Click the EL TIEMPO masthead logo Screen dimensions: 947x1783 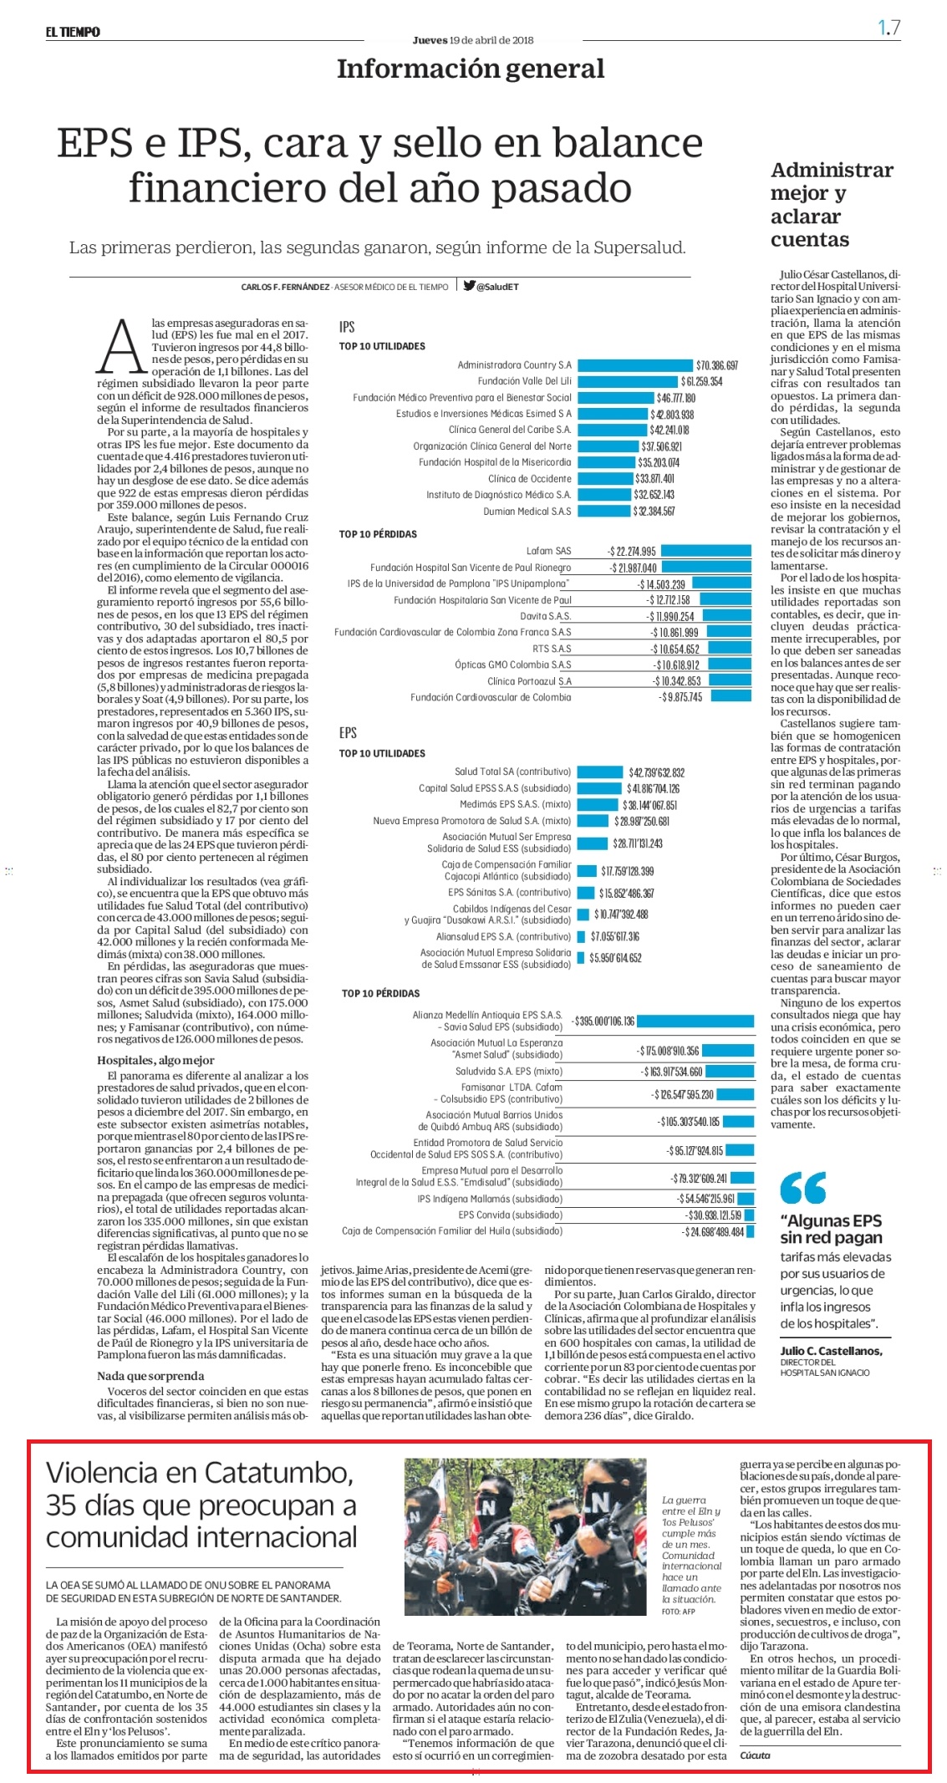click(73, 32)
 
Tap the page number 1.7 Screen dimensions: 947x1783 click(888, 28)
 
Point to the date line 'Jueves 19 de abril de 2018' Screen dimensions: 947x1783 click(473, 40)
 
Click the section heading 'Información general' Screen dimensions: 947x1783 click(471, 69)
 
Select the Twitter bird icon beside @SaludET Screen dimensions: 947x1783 click(470, 286)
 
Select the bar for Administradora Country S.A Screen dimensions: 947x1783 click(635, 365)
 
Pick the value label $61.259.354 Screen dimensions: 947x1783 click(701, 381)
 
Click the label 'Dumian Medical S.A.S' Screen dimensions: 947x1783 click(527, 511)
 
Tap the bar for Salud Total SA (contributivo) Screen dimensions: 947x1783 click(600, 772)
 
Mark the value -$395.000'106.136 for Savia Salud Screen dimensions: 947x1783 click(603, 1021)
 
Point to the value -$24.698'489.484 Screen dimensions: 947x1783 click(713, 1231)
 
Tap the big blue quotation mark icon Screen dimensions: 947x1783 click(802, 1186)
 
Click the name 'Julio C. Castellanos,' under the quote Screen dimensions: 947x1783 click(831, 1351)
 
